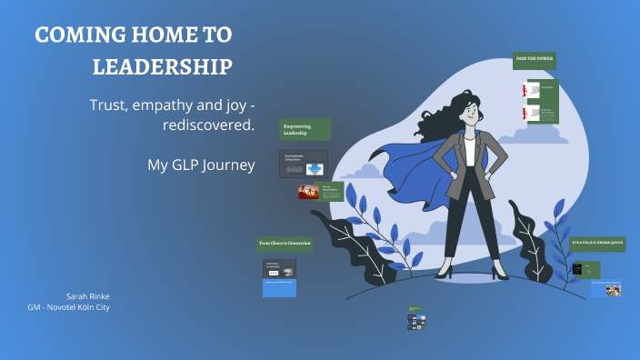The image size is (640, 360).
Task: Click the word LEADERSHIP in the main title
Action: coord(162,67)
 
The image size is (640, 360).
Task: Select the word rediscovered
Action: coord(208,125)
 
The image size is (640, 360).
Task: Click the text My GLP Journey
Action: coord(201,165)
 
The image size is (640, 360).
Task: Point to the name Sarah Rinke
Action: coord(87,296)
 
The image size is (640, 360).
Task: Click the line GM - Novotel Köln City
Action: coord(69,307)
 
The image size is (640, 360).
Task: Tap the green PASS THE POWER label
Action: coord(535,60)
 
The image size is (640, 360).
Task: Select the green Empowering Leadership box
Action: coord(305,130)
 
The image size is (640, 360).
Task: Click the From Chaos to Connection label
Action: coord(285,244)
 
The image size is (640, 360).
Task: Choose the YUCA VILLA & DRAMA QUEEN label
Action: coord(597,244)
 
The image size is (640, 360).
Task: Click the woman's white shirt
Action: coord(469,150)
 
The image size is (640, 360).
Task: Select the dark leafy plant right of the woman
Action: coord(533,236)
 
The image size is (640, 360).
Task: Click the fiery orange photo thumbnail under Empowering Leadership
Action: coord(307,192)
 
